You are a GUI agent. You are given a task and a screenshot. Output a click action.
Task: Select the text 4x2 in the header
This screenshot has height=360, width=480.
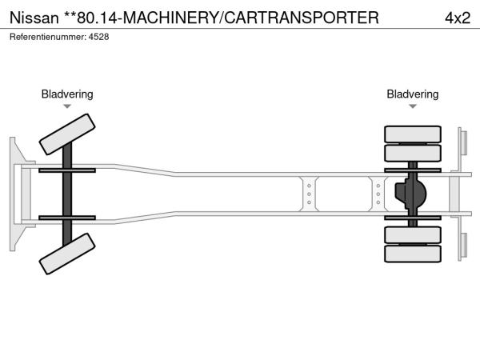457,16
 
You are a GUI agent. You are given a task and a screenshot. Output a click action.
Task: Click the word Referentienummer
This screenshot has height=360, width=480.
46,37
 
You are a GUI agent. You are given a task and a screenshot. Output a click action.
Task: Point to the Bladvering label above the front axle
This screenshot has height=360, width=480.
67,94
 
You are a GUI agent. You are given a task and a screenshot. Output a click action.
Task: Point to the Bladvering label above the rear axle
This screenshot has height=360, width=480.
413,94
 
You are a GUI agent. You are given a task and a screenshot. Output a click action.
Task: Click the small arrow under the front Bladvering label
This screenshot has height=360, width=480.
67,106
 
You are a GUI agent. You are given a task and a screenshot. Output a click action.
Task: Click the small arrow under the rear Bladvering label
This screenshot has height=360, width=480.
413,106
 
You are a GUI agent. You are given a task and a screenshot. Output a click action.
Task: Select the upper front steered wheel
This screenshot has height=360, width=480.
68,134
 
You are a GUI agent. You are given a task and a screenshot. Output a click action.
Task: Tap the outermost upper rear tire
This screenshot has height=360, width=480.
413,134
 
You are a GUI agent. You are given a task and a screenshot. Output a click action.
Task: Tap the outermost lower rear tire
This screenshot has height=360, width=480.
413,254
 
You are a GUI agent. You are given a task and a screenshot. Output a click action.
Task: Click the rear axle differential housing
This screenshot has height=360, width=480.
411,194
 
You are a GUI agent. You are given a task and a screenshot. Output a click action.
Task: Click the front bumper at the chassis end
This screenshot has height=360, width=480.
15,194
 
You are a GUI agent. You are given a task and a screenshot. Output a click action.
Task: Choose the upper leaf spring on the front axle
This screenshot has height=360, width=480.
68,170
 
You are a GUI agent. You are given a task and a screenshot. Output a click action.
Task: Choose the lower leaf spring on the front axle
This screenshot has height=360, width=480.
68,218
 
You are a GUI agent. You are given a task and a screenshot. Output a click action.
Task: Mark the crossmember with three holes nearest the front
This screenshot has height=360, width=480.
309,194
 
